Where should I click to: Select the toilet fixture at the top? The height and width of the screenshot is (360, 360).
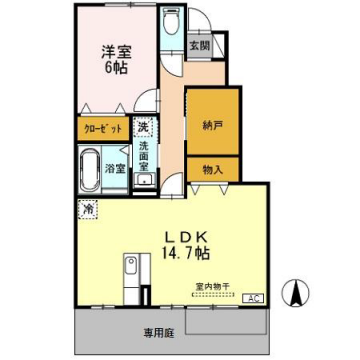171,25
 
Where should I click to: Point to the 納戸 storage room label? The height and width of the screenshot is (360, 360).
213,126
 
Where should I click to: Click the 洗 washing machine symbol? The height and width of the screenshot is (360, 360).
143,127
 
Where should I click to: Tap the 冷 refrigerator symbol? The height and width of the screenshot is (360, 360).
88,211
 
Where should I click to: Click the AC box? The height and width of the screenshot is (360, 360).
253,298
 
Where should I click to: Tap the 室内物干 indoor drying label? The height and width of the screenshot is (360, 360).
212,285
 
